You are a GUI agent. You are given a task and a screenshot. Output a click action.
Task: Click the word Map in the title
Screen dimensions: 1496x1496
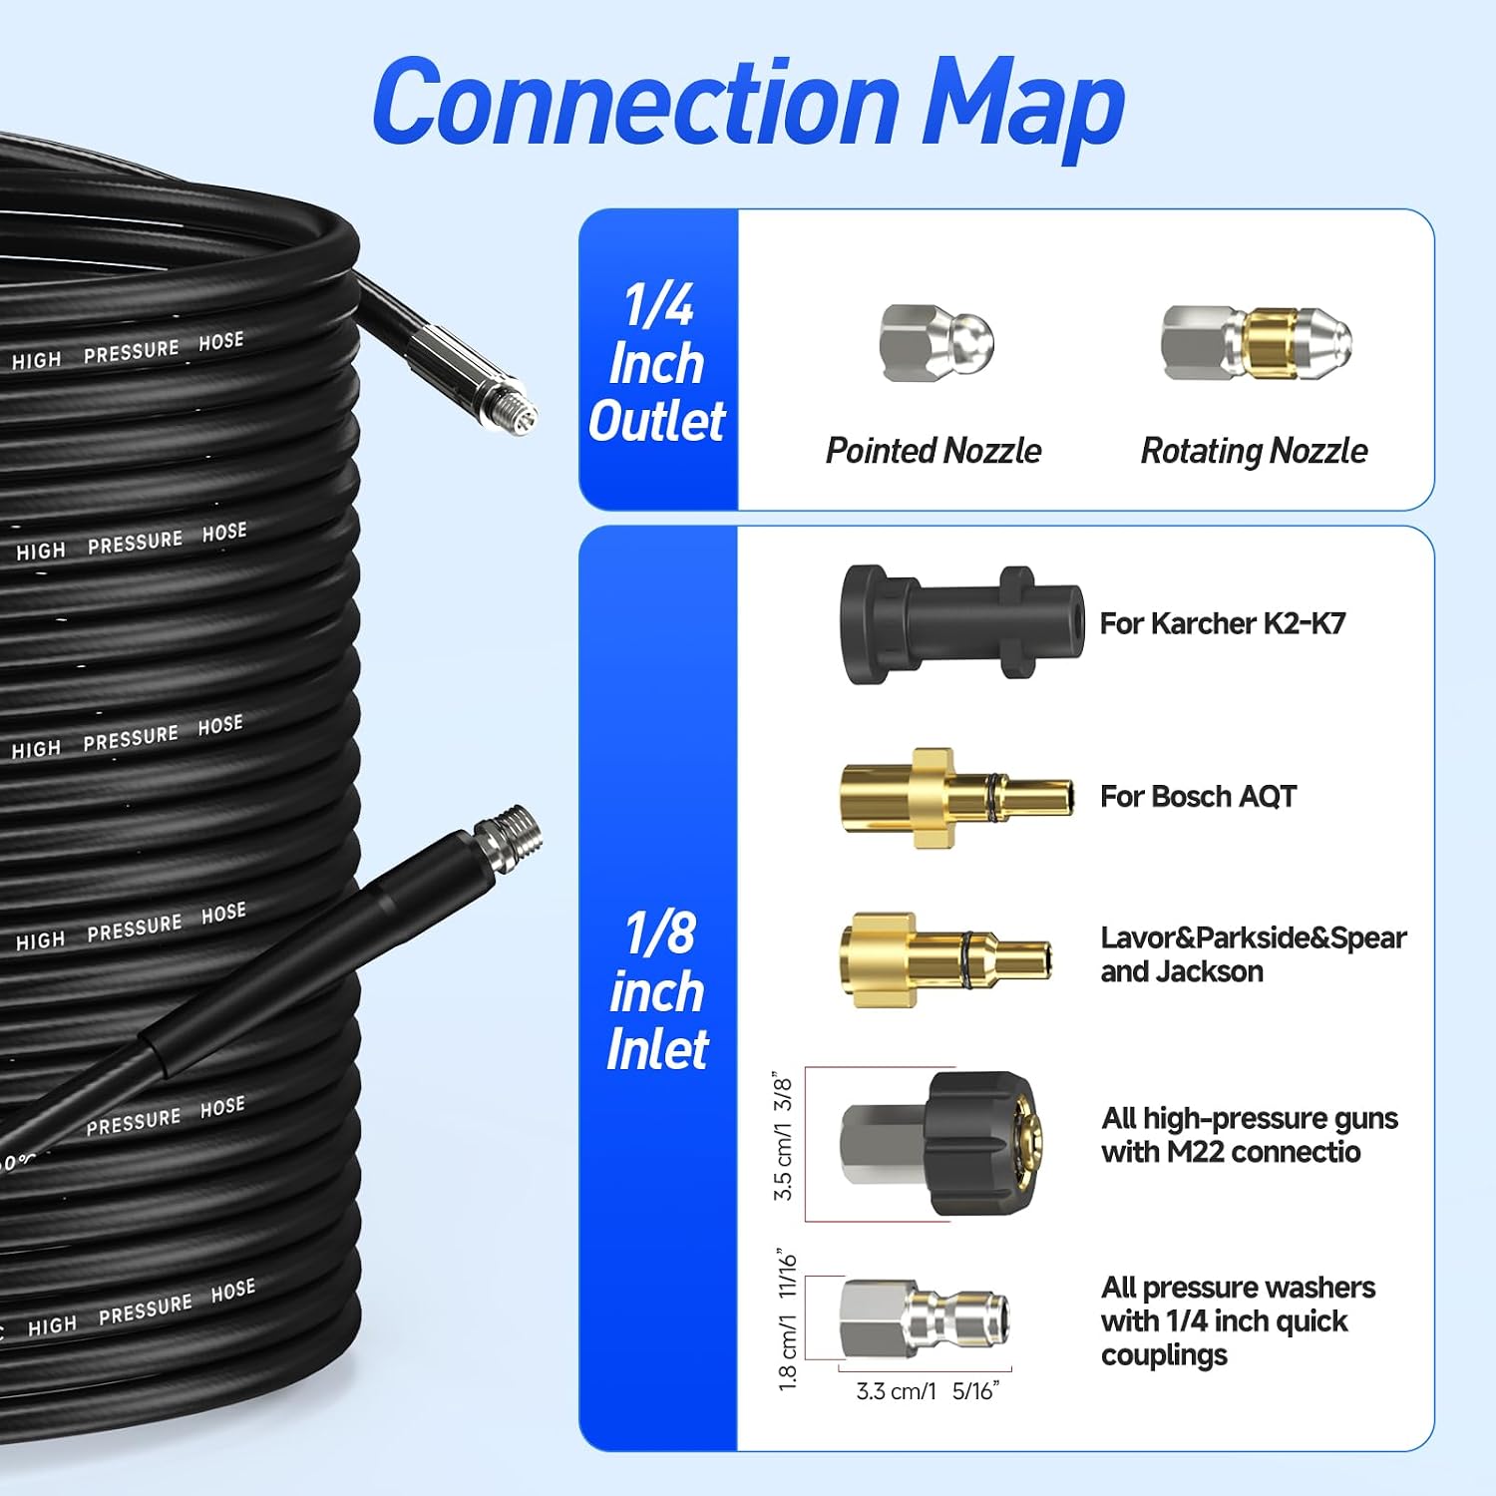(x=1022, y=105)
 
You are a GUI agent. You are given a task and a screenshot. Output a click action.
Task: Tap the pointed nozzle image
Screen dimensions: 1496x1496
(x=936, y=343)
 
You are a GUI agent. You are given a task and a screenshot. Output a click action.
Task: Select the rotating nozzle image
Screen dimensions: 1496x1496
(x=1256, y=343)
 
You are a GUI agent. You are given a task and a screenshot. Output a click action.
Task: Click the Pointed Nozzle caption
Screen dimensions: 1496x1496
(x=934, y=451)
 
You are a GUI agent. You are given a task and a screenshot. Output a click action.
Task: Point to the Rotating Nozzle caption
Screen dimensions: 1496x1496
(x=1254, y=451)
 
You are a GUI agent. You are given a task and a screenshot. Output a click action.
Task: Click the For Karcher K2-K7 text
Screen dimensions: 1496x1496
(x=1223, y=623)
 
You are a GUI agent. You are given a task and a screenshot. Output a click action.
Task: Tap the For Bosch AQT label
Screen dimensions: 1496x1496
(x=1198, y=796)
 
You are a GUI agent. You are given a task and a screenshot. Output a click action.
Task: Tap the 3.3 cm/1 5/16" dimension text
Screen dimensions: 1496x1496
(x=928, y=1391)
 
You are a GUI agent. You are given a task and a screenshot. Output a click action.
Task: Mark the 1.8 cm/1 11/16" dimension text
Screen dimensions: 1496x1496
(x=788, y=1318)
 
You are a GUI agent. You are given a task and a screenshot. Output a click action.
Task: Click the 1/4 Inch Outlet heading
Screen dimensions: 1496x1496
(x=656, y=363)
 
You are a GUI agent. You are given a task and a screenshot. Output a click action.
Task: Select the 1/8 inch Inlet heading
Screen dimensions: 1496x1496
(x=657, y=990)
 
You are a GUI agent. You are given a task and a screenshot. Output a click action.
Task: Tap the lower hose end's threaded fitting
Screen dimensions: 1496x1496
(x=509, y=839)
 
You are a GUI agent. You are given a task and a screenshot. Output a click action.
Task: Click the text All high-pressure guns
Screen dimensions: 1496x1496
(x=1250, y=1118)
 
